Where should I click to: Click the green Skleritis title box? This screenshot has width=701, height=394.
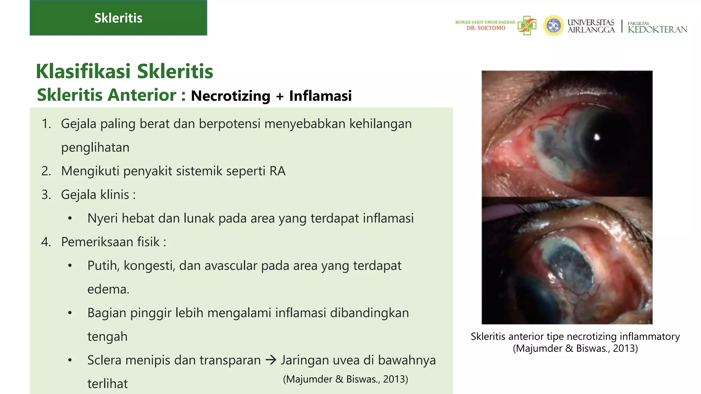pyautogui.click(x=118, y=18)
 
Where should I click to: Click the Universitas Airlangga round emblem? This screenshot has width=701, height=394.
pyautogui.click(x=553, y=26)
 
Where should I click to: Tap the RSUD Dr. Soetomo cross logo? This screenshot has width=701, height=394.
pyautogui.click(x=527, y=25)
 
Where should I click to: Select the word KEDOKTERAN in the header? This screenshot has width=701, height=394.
pyautogui.click(x=657, y=29)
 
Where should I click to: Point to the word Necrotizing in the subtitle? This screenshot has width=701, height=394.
pyautogui.click(x=230, y=96)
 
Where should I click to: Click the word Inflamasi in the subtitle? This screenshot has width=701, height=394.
pyautogui.click(x=320, y=96)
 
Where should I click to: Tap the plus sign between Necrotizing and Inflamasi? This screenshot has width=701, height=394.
pyautogui.click(x=280, y=96)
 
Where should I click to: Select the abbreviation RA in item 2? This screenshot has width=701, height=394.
pyautogui.click(x=277, y=171)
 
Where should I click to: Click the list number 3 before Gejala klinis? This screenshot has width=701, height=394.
pyautogui.click(x=46, y=195)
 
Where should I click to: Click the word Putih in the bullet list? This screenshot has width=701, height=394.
pyautogui.click(x=103, y=266)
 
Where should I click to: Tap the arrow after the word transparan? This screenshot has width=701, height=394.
pyautogui.click(x=271, y=360)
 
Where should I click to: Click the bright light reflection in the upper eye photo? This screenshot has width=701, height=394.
pyautogui.click(x=597, y=137)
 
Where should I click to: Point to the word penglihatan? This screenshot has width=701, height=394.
pyautogui.click(x=95, y=147)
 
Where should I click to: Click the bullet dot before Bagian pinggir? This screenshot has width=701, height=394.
pyautogui.click(x=70, y=313)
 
